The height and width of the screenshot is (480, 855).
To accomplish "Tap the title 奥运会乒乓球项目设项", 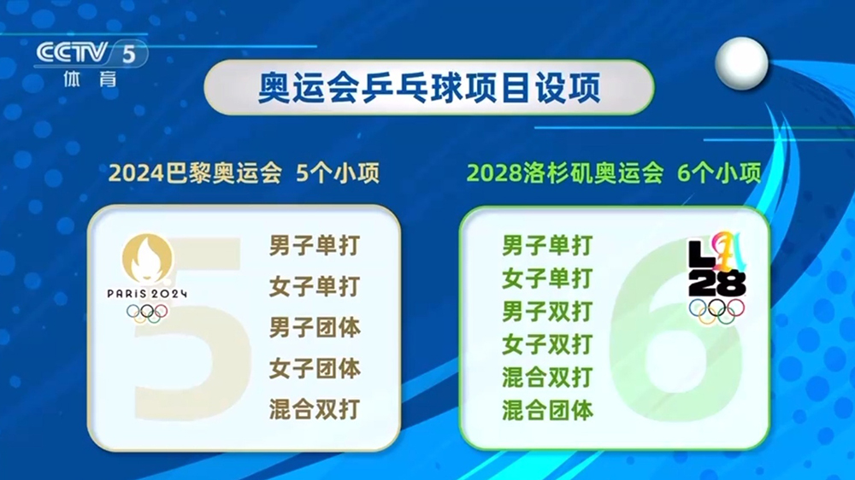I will pos(428,88).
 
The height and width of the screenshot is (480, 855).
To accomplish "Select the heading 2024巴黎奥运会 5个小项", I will pos(244,175).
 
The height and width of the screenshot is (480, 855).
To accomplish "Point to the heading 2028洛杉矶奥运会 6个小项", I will pos(614,175).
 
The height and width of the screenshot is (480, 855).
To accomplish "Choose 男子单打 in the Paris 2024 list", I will pos(314,246).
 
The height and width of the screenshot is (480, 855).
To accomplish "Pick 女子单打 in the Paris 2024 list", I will pos(314,287).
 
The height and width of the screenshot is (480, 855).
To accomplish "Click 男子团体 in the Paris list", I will pos(314,327).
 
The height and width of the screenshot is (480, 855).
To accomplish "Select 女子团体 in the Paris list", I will pos(314,368).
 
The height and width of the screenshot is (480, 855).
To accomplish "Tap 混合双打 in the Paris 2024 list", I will pos(314,409).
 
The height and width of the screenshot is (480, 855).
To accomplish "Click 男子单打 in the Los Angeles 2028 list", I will pos(547,246).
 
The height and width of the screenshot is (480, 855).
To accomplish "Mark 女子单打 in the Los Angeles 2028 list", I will pos(547,278).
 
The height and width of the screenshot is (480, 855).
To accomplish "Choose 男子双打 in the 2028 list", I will pos(547,311).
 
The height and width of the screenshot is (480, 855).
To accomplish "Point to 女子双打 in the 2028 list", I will pos(547,344).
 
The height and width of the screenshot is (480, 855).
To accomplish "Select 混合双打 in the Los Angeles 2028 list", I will pos(547,377).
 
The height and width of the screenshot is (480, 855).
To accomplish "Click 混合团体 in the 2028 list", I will pos(547,410).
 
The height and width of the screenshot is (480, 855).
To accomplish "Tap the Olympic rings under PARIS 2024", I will pos(147,313).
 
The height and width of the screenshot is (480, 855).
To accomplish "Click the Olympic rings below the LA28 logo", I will pos(716,312).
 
